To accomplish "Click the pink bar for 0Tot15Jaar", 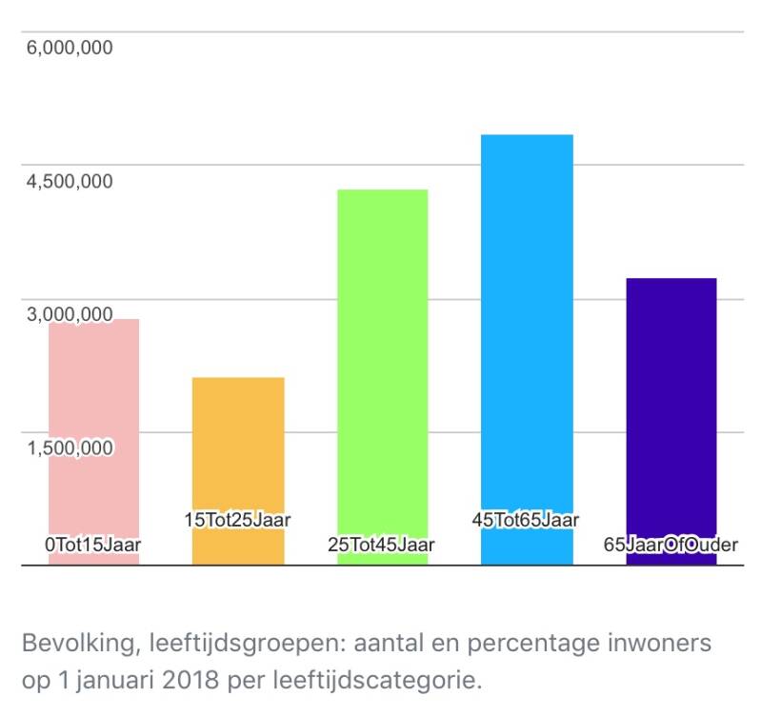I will click(x=93, y=428).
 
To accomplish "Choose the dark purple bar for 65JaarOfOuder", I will click(x=671, y=409).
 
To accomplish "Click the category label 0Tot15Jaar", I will click(x=93, y=545).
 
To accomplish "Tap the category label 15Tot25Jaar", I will click(x=237, y=520).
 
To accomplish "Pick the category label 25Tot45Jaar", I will click(x=381, y=545).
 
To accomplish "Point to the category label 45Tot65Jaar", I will click(x=526, y=520).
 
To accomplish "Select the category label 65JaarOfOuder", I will click(x=671, y=545).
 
